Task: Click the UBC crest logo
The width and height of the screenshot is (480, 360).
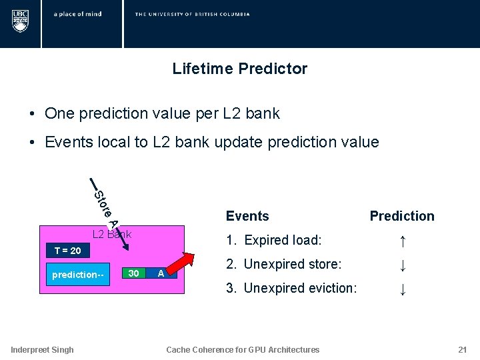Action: [21, 21]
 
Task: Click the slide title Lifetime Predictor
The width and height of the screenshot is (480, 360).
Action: [239, 69]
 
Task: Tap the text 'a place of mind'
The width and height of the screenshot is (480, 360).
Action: [78, 14]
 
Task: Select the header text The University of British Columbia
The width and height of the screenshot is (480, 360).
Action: [192, 14]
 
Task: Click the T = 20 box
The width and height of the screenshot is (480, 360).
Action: [67, 251]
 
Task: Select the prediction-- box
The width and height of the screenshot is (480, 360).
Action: [79, 275]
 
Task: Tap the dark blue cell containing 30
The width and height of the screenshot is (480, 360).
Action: [134, 274]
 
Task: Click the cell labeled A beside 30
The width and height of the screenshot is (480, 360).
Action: [161, 274]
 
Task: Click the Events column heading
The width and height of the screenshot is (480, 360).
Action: [247, 216]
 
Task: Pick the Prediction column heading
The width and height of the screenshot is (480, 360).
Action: [402, 216]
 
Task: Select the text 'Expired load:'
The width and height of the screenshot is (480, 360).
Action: [283, 240]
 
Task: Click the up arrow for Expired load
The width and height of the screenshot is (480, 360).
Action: [402, 241]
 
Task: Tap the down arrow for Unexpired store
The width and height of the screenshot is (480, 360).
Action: [402, 265]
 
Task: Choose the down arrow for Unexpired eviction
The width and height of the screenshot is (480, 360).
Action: [402, 289]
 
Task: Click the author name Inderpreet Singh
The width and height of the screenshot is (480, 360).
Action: [43, 350]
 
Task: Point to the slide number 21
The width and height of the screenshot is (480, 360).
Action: [462, 350]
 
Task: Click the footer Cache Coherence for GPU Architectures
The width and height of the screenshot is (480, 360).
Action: [243, 350]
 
